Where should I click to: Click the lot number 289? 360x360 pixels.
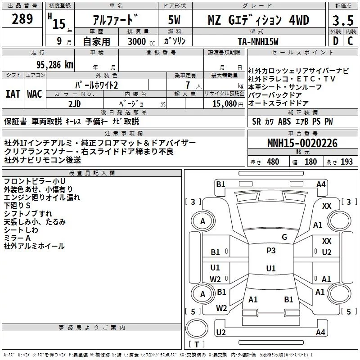23,19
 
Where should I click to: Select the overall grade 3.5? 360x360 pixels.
343,20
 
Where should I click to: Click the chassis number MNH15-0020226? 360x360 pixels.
302,144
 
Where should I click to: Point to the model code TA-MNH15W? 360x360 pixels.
258,41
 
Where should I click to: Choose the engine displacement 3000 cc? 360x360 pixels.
140,41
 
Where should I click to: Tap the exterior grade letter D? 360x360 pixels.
335,41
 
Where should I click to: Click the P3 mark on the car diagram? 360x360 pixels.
270,251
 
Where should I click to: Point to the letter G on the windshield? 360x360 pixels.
284,237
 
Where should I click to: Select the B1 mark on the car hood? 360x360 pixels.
288,299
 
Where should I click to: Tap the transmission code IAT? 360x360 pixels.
13,94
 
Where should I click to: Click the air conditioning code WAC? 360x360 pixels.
34,94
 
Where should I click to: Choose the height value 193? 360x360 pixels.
346,162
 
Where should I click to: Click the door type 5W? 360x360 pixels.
174,20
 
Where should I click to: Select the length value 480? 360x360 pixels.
273,162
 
